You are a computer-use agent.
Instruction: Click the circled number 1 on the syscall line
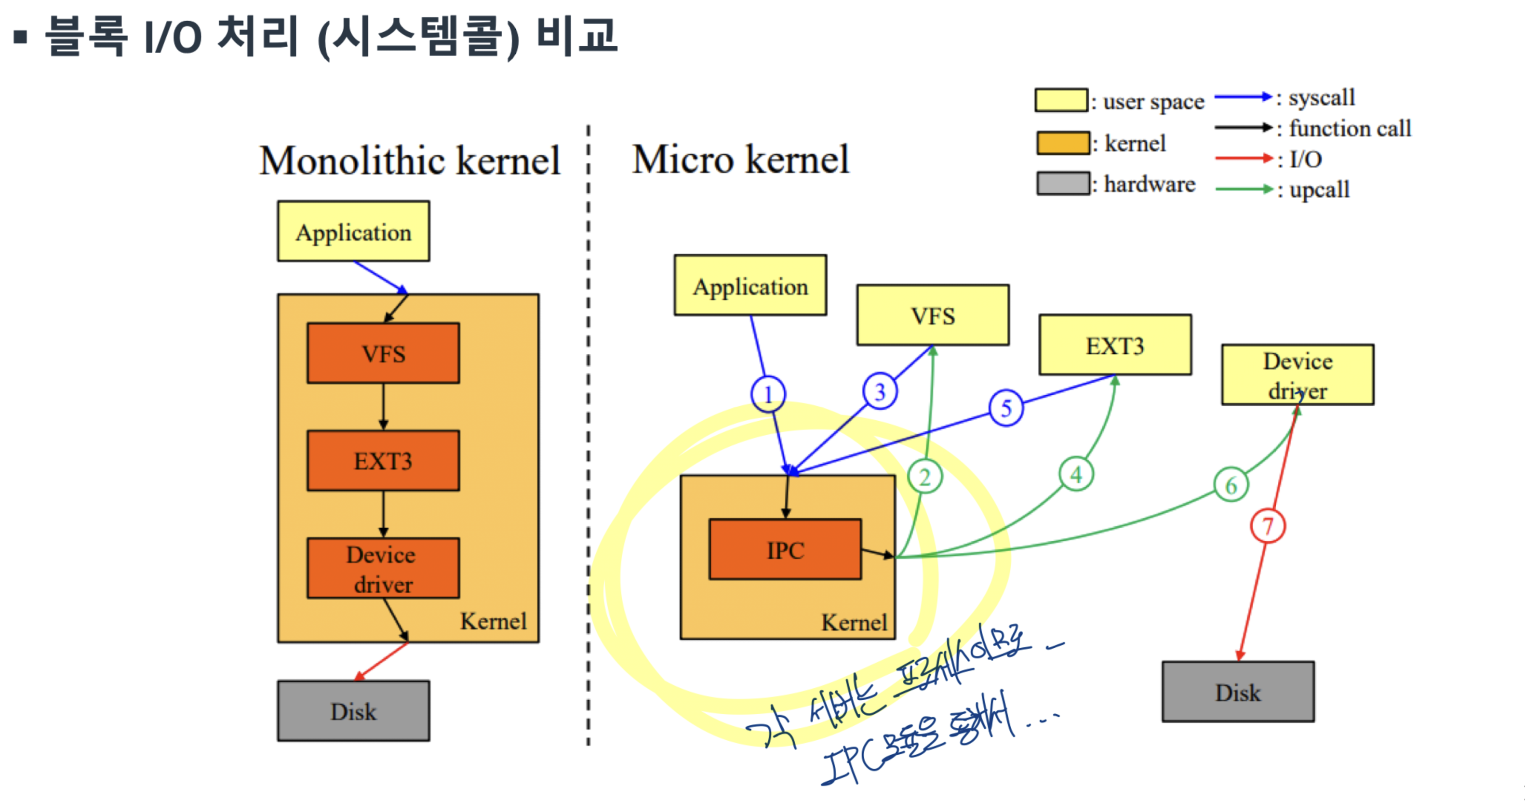click(768, 394)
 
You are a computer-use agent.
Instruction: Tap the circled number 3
click(880, 391)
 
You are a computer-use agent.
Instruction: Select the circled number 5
click(1006, 408)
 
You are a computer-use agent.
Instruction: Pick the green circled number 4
click(1076, 474)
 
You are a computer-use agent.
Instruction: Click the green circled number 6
click(1231, 485)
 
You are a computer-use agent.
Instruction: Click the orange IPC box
click(785, 549)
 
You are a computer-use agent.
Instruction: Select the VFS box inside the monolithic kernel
click(383, 353)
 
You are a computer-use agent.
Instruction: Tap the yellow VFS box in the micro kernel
click(933, 315)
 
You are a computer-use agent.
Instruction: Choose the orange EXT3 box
click(383, 461)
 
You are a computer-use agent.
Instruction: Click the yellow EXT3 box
click(1115, 345)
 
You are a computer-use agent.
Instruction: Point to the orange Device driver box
click(383, 568)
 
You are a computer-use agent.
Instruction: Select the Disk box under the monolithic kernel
click(353, 711)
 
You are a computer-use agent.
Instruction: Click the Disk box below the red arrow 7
click(1238, 692)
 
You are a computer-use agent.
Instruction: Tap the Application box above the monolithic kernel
click(353, 231)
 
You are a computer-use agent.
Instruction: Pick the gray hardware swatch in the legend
click(1062, 184)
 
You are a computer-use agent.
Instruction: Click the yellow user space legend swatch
click(1061, 101)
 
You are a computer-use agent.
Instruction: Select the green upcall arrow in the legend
click(1243, 189)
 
